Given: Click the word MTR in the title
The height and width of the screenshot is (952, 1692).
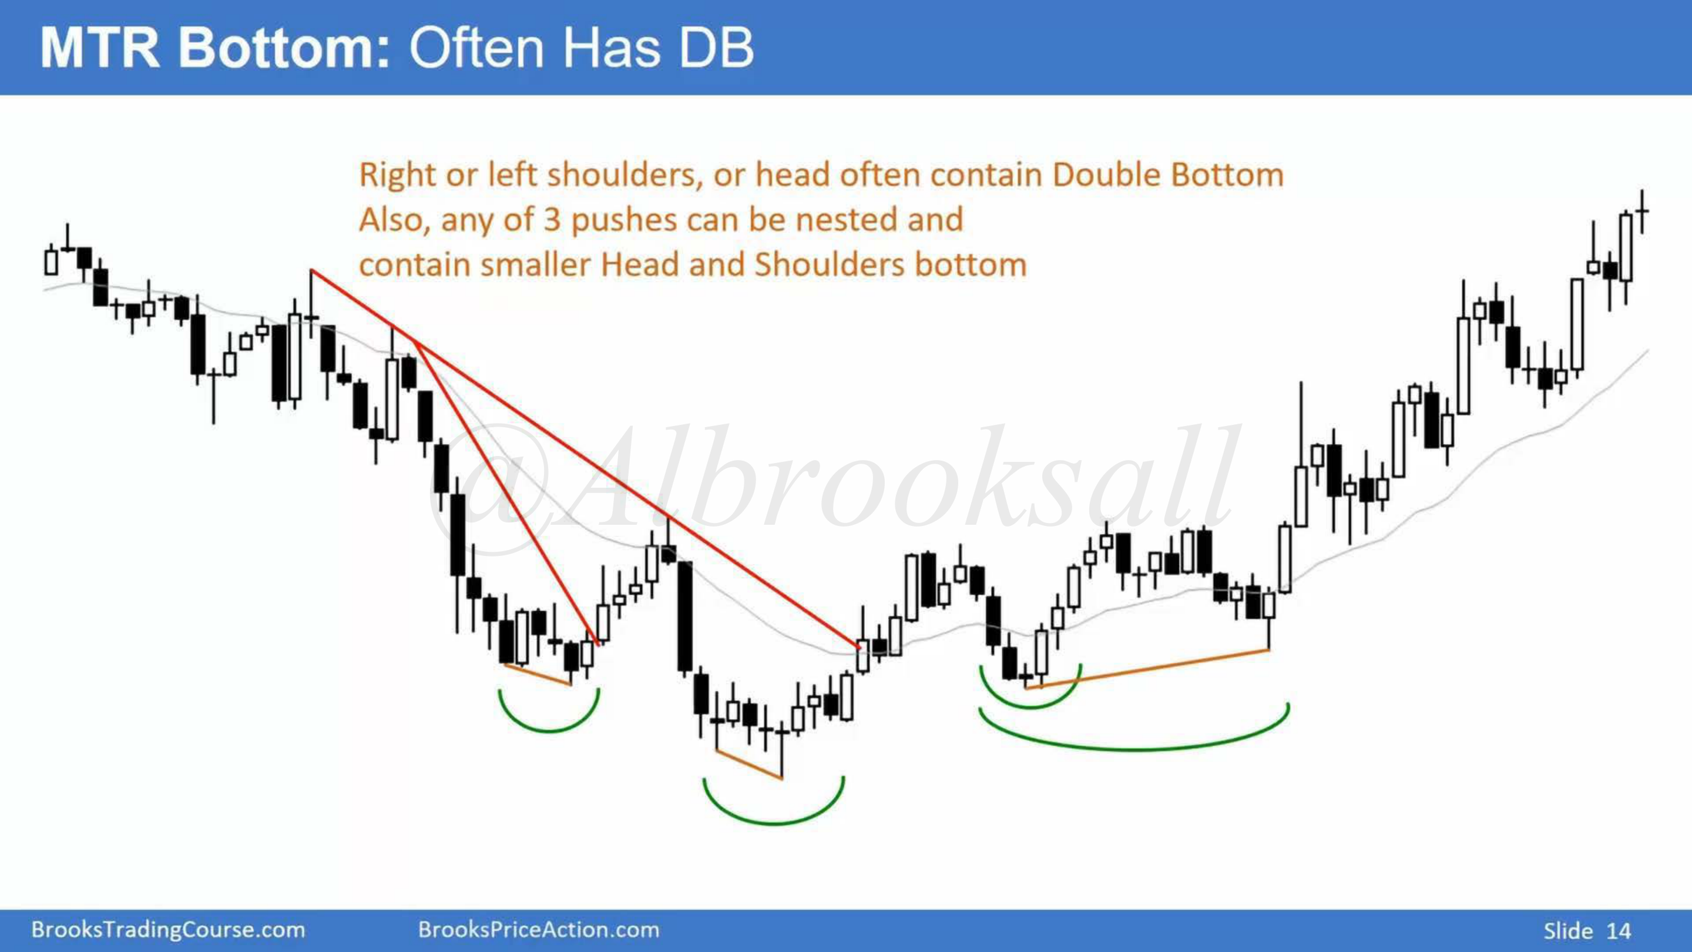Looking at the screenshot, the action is tap(100, 48).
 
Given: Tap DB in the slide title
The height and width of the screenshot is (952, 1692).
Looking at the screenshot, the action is tap(716, 48).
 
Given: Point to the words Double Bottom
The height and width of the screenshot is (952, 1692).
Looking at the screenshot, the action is tap(1168, 175).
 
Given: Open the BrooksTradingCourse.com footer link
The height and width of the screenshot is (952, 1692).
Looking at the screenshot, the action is tap(168, 930).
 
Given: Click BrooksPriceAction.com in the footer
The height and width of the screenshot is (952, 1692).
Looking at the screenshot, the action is tap(539, 930).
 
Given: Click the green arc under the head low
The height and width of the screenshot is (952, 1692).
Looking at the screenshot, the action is tap(774, 822).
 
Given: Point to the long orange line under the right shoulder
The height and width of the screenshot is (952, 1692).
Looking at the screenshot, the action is tap(1147, 669).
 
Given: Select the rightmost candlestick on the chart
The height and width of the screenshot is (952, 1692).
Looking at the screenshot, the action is tap(1642, 211).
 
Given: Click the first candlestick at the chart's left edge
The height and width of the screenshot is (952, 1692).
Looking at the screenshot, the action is tap(51, 260).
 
